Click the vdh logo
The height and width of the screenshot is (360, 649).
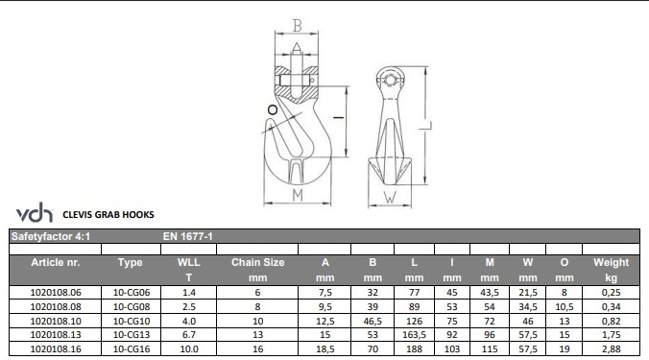pos(35,212)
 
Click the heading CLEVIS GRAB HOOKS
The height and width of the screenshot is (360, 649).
pos(108,215)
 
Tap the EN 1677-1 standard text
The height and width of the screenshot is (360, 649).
pos(187,236)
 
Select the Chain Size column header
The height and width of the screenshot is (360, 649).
pos(257,270)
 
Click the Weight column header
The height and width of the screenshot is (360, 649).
pos(611,270)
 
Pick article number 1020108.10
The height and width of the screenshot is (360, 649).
pos(56,321)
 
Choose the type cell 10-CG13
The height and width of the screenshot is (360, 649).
pos(132,335)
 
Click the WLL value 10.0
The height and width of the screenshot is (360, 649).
pos(189,349)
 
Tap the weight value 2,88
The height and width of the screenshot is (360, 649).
pos(611,349)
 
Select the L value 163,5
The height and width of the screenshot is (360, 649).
pos(414,335)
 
